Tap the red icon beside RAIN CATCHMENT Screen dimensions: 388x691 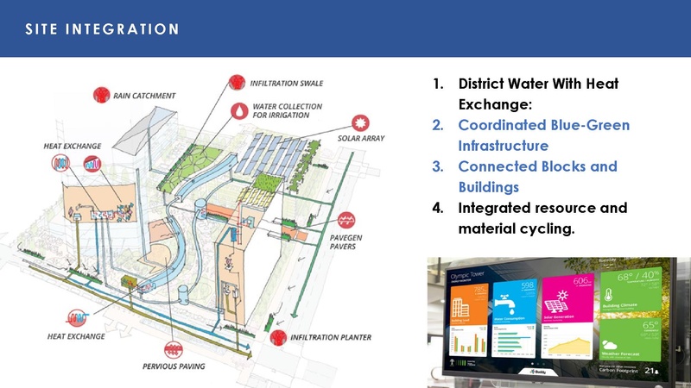click(x=101, y=94)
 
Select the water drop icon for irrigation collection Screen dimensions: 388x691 click(x=237, y=111)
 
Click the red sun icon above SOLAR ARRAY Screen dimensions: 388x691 click(x=361, y=122)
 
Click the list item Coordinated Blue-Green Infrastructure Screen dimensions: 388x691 click(x=543, y=135)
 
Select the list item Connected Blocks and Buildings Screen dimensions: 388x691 click(x=537, y=176)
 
